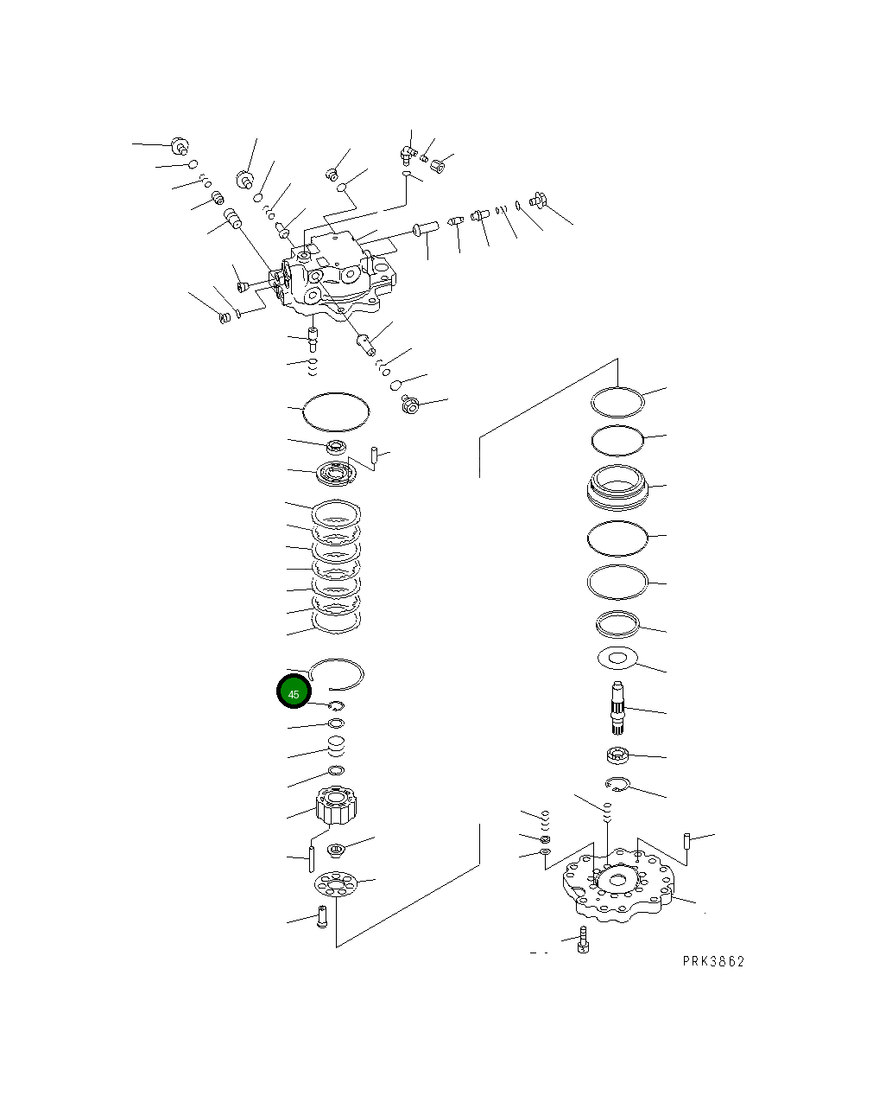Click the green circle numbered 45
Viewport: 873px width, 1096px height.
coord(294,693)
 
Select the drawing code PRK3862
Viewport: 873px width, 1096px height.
coord(712,961)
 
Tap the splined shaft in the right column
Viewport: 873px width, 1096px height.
coord(620,708)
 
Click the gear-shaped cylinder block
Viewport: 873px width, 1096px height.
coord(336,805)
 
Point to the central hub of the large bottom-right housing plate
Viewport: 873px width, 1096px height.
coord(616,882)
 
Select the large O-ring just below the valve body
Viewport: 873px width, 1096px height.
coord(336,411)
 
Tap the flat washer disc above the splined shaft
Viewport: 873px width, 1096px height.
coord(617,658)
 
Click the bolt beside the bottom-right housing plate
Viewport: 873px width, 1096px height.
coord(583,941)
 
